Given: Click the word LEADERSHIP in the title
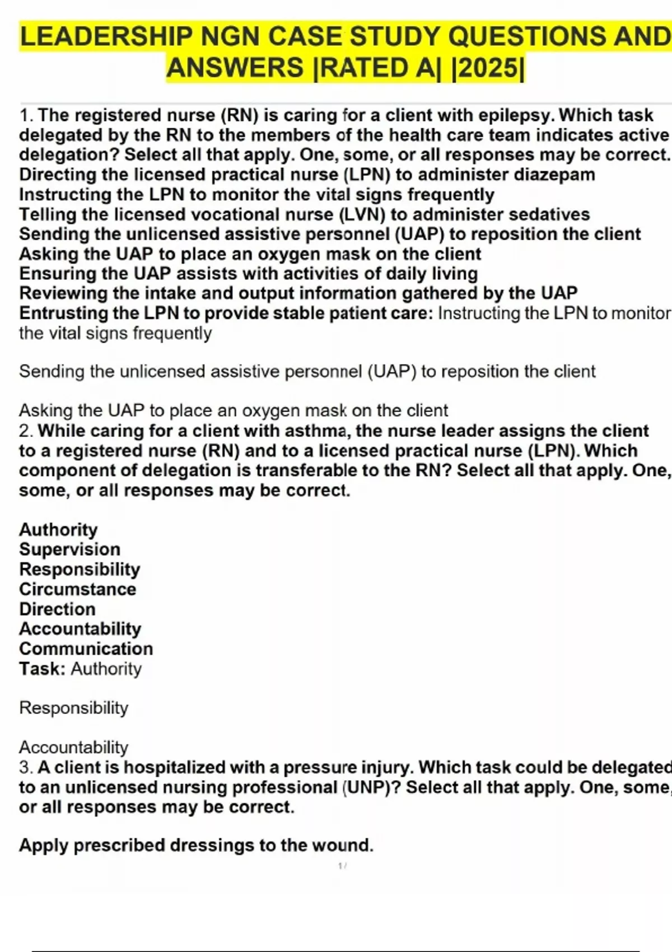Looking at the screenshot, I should click(106, 37).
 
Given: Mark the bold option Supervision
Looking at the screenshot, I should click(70, 549).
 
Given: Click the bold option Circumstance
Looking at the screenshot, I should click(78, 589).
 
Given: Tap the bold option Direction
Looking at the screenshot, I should click(57, 609).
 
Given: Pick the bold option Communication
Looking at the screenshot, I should click(86, 649).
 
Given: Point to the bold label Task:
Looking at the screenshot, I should click(43, 669).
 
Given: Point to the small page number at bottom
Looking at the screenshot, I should click(342, 866).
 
